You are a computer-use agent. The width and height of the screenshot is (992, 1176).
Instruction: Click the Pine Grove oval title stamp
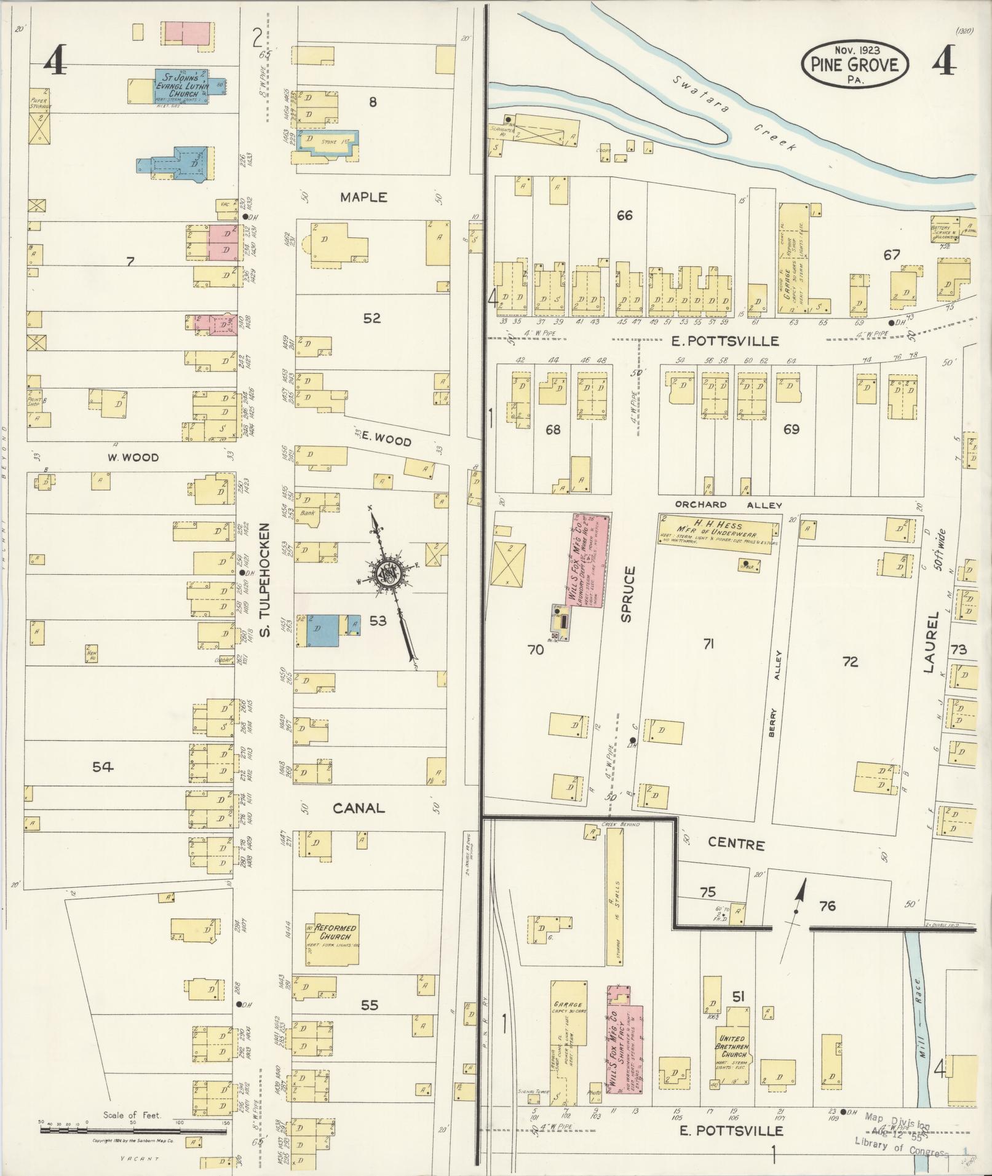point(855,64)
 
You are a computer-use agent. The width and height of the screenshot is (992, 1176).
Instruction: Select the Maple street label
point(364,197)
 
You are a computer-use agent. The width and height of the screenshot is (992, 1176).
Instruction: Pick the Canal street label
point(359,808)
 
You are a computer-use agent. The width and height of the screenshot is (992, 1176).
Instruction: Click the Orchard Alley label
point(728,505)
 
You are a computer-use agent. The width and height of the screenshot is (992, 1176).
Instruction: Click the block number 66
point(624,216)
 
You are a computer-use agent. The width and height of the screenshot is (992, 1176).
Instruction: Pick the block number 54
point(103,767)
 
